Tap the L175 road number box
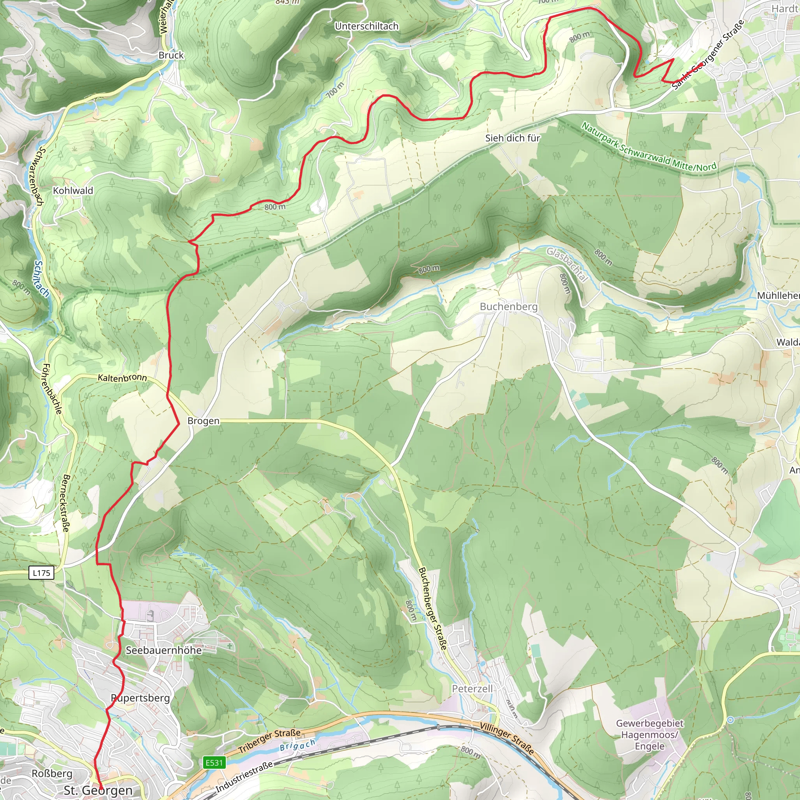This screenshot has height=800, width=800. [41, 573]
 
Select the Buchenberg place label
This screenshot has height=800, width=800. [509, 306]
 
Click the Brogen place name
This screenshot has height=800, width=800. [203, 421]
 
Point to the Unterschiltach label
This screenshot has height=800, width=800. [366, 26]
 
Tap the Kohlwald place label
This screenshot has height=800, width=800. [73, 191]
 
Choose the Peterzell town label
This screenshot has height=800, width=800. [472, 689]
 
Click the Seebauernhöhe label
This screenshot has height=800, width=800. [164, 650]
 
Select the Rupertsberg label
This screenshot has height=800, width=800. [140, 698]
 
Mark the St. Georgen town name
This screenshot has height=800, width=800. [98, 790]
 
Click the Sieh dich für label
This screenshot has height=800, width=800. [512, 138]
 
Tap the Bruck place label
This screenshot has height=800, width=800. [171, 55]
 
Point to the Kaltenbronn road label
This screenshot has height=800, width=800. [122, 377]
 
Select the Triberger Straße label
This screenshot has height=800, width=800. [270, 741]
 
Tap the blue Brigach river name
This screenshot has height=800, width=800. [297, 745]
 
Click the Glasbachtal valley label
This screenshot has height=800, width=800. [567, 264]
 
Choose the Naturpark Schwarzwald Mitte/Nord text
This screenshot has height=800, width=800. [648, 147]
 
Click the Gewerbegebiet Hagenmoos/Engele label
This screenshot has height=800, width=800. [649, 735]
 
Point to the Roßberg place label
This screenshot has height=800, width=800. [52, 773]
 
